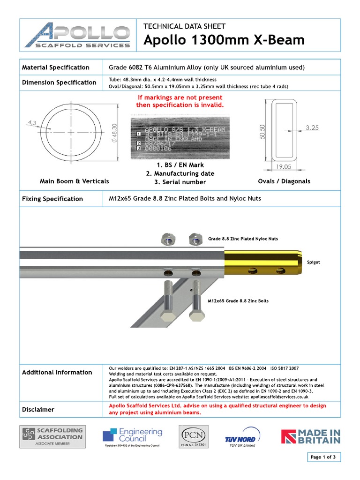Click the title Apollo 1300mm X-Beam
point(224,40)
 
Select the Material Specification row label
point(56,67)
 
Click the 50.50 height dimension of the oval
point(262,131)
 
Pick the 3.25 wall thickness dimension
point(312,127)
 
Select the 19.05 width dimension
point(284,166)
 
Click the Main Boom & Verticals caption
point(75,181)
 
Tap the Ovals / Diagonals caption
point(284,181)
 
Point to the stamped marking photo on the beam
point(180,136)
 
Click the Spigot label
point(313,262)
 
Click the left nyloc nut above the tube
point(168,240)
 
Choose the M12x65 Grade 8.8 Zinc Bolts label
point(238,301)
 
